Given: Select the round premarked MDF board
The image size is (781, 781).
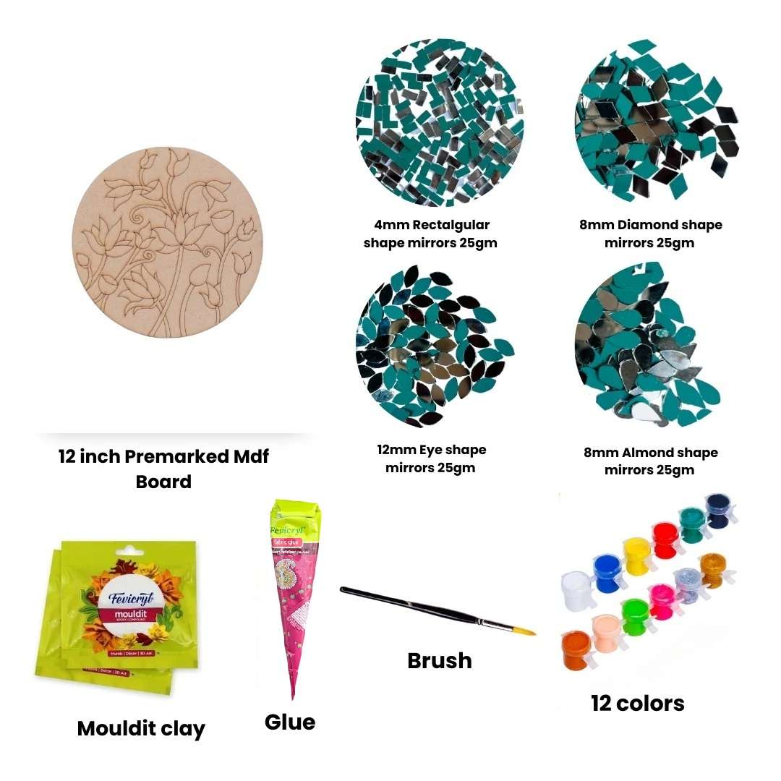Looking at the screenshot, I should tap(168, 242).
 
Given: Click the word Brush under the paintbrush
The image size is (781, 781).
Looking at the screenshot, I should tap(440, 660).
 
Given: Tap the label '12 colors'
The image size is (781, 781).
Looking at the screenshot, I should tap(637, 703).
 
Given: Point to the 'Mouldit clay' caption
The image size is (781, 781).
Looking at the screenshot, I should tap(141, 728).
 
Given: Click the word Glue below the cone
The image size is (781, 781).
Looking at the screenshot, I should tap(290, 722).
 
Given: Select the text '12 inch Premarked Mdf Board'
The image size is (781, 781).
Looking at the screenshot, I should tap(163, 469).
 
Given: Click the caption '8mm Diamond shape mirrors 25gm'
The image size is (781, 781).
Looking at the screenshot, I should tap(650, 234).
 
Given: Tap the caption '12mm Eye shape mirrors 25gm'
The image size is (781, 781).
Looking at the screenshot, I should tap(431, 458).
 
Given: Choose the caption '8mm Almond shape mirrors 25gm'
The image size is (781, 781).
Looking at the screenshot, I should tap(650, 461).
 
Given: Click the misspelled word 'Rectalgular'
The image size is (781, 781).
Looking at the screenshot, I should tap(451, 225).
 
